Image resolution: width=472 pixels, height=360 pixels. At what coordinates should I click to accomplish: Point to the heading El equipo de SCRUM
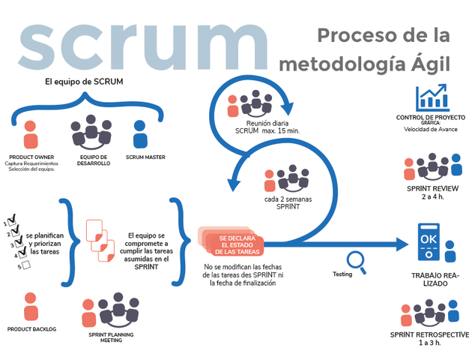click(x=85, y=81)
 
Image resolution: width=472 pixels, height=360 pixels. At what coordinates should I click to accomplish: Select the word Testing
click(x=342, y=274)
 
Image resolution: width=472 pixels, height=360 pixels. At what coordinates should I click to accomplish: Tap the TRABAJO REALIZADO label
click(x=430, y=279)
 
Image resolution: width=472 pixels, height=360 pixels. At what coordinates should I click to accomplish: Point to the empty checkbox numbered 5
click(x=25, y=265)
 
